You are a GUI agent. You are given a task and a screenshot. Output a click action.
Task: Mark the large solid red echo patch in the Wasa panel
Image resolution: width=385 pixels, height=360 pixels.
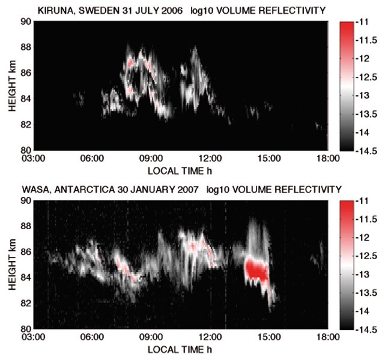(x=258, y=269)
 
